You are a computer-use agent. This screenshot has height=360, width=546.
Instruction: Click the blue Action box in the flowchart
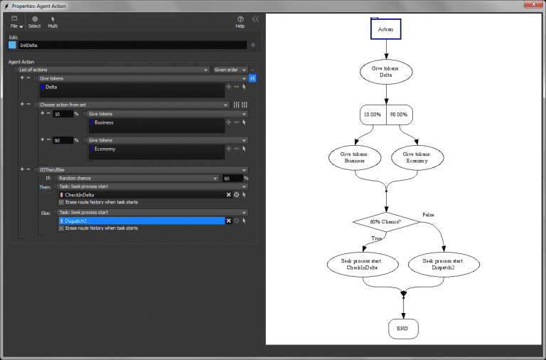click(386, 29)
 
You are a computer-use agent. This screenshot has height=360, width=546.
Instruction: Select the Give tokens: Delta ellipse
click(386, 71)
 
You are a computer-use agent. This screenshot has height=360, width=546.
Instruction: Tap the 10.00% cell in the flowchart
click(373, 115)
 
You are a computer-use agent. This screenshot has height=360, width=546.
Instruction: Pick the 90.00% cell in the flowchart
click(400, 115)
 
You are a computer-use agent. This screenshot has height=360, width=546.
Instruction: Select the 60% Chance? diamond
click(385, 222)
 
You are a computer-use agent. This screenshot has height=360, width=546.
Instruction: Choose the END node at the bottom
click(403, 329)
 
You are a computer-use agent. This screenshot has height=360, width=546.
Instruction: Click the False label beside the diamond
click(429, 214)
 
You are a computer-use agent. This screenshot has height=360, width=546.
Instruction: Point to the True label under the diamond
click(375, 238)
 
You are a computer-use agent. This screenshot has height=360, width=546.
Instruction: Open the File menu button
click(14, 22)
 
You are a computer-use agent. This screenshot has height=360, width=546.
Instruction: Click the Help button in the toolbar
click(240, 22)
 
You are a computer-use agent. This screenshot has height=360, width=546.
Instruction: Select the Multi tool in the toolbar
click(53, 22)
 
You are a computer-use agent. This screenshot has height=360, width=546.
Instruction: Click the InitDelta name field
click(132, 45)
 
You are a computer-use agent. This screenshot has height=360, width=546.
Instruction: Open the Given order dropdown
click(229, 70)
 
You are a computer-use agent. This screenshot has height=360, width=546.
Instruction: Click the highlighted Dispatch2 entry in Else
click(142, 221)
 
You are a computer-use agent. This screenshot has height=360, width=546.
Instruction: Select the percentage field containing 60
click(232, 178)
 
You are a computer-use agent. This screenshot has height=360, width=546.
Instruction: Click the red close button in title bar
click(528, 5)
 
